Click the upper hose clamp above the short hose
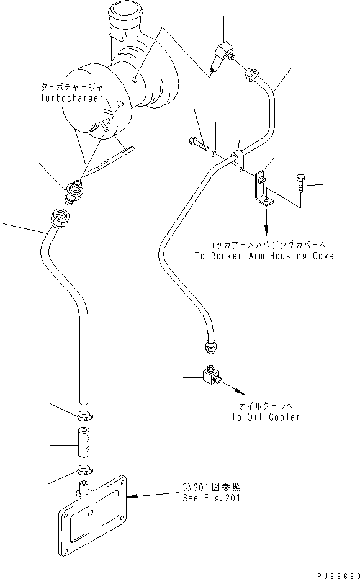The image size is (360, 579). [x=86, y=416]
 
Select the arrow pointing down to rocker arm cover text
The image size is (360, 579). [x=268, y=217]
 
